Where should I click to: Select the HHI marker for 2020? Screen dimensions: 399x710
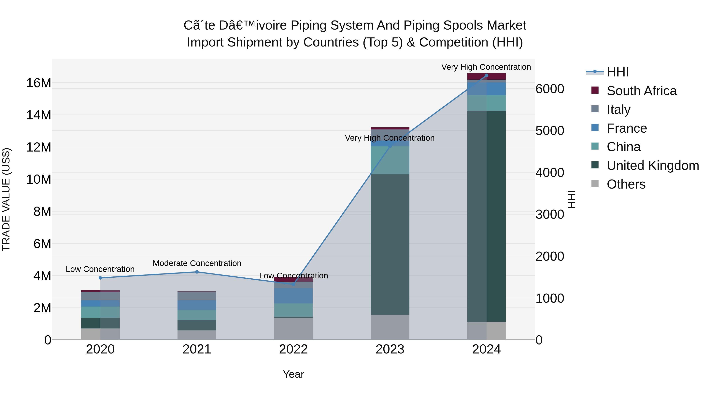coord(100,278)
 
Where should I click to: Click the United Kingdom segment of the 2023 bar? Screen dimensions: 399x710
coord(390,245)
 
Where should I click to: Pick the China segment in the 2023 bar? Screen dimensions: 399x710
coord(390,160)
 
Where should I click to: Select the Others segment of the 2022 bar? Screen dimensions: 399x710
coord(293,329)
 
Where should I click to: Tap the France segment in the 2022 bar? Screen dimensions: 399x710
coord(293,296)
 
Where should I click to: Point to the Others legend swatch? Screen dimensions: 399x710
coord(595,184)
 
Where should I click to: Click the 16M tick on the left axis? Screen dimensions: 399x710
coord(39,83)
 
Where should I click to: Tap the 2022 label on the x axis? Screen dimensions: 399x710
coord(293,349)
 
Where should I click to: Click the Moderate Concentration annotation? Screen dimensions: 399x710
coord(197,263)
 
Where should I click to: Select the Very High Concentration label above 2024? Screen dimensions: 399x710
coord(486,67)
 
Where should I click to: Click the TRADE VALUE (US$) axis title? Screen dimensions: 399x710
coord(6,199)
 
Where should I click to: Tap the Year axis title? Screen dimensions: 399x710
coord(293,374)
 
